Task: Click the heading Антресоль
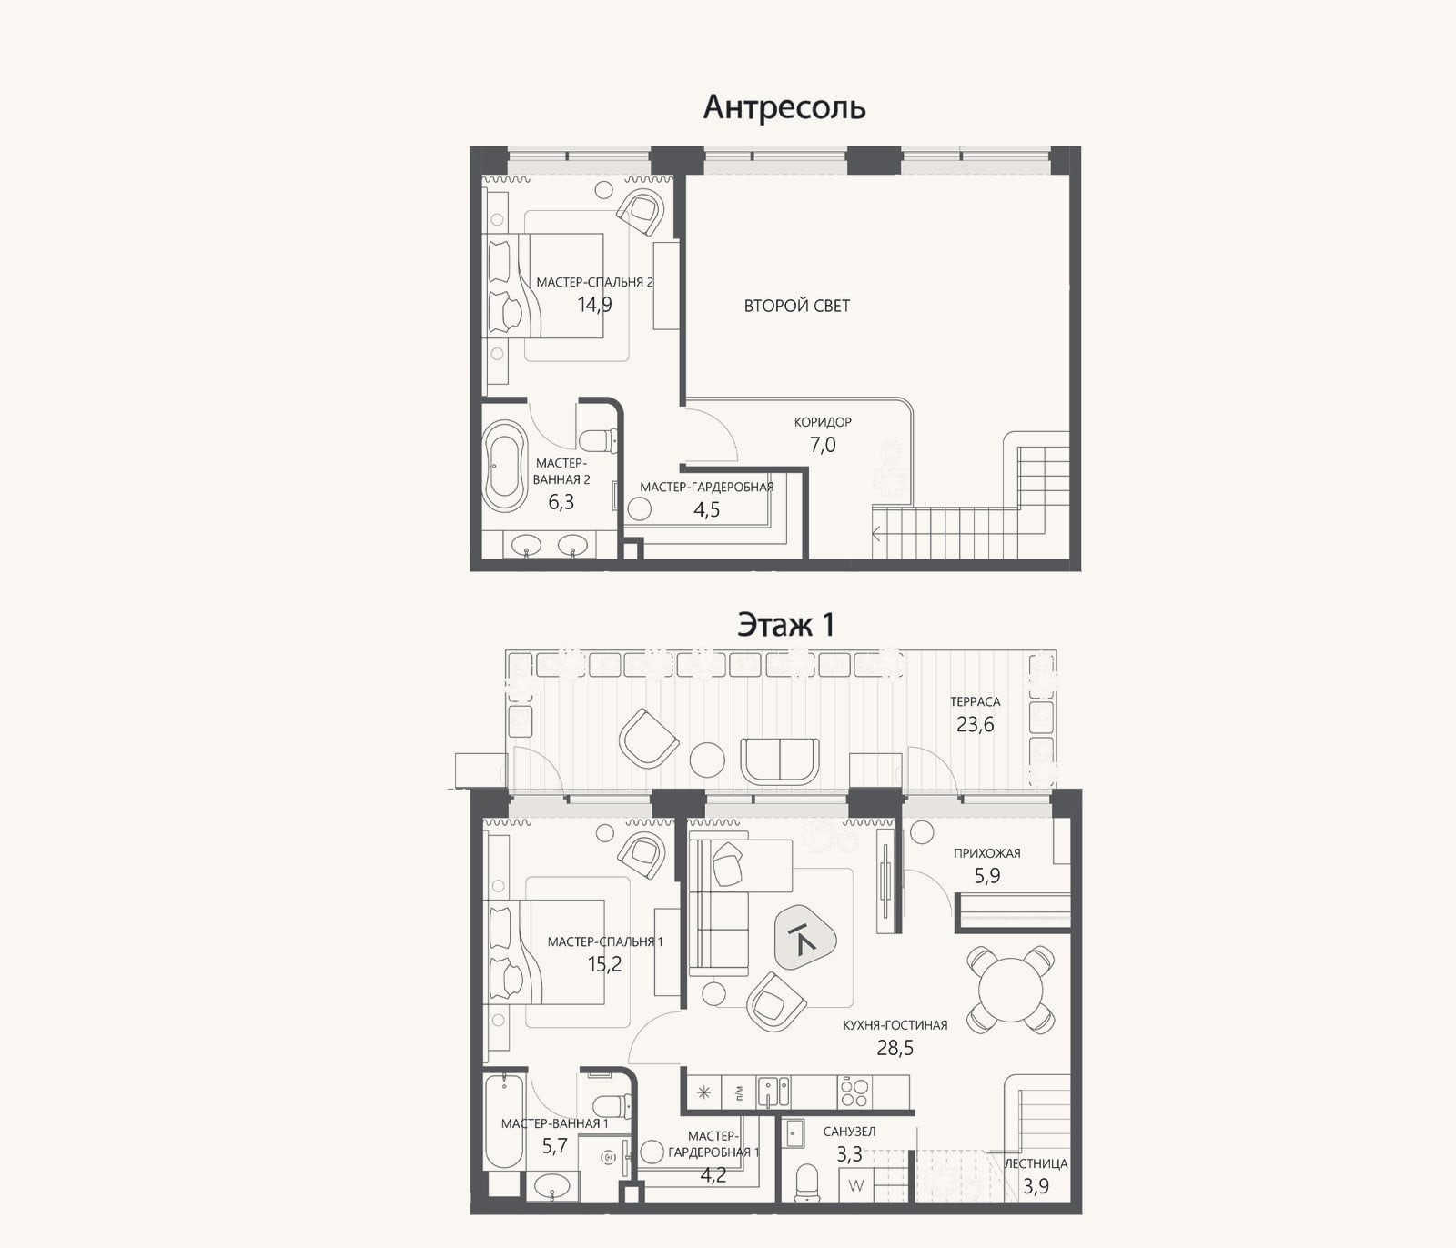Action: coord(784,107)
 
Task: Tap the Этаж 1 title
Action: coord(786,625)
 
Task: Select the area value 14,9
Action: coord(594,305)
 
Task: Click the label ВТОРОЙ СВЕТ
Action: coord(797,306)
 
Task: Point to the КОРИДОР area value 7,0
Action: coord(823,445)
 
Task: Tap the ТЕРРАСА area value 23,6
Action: coord(975,724)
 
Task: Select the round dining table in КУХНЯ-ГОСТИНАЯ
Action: coord(1009,989)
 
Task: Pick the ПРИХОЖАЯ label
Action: coord(987,853)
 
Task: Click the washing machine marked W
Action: coord(855,1185)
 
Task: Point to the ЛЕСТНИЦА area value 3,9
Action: coord(1036,1186)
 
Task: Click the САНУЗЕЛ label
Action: coord(849,1132)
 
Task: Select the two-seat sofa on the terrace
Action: coord(780,760)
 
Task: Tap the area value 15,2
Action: coord(604,964)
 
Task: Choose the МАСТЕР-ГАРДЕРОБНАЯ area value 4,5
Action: coord(707,509)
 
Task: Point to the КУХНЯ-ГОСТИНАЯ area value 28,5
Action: coord(895,1048)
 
